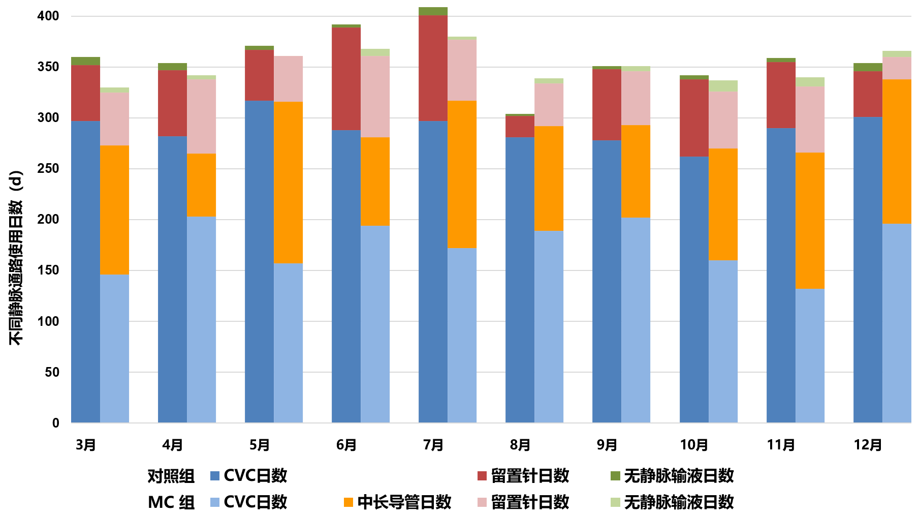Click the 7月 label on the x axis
tap(433, 445)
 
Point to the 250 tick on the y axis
tap(48, 169)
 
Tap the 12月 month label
tap(868, 445)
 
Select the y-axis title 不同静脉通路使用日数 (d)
tap(16, 258)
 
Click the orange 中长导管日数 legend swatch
tap(348, 502)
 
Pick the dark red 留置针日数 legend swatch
tap(482, 476)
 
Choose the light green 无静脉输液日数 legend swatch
tap(615, 502)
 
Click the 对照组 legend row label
tap(171, 476)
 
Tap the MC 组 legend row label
tap(171, 502)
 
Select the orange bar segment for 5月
tap(288, 182)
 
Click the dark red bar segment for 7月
tap(433, 68)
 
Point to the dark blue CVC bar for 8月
tap(520, 280)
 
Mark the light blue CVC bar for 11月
tap(810, 355)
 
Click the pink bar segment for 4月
tap(201, 116)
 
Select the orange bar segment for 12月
tap(897, 151)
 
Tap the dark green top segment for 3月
tap(85, 61)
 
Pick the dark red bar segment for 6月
tap(346, 78)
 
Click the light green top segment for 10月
tap(723, 85)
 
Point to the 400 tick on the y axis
tap(48, 16)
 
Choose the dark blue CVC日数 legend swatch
tap(215, 476)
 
